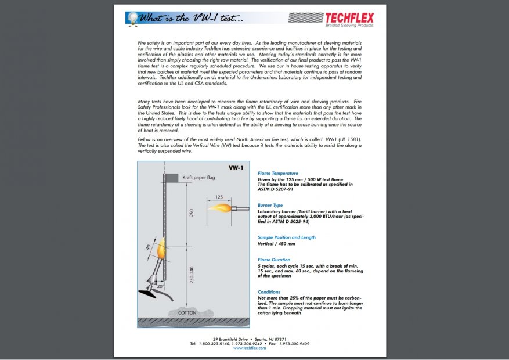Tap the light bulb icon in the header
(133, 18)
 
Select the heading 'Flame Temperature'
(278, 173)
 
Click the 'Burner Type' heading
(270, 205)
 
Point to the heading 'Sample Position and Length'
(287, 237)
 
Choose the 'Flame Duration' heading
(274, 260)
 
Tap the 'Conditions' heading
(269, 292)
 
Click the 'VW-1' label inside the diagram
(236, 168)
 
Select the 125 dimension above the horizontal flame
(219, 197)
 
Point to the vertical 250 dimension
(192, 213)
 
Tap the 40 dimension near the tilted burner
(148, 247)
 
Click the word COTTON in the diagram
(187, 312)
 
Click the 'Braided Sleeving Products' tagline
(349, 26)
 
